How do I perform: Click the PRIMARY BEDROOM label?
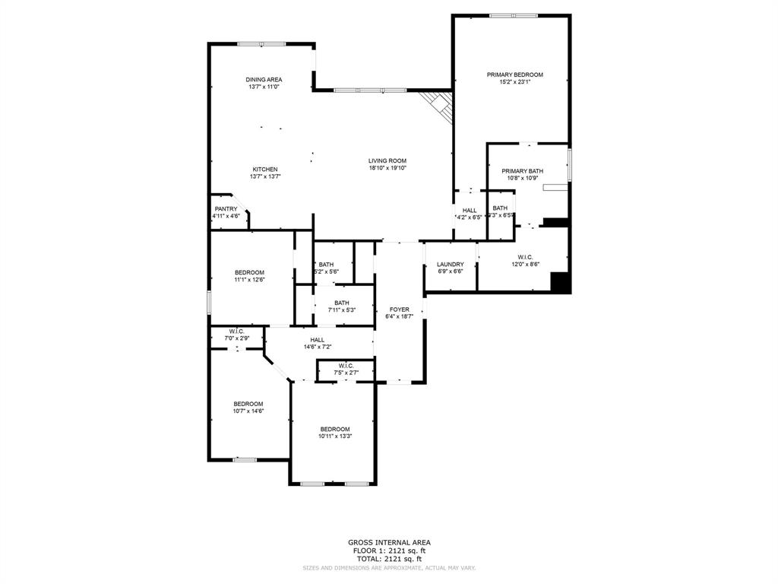click(515, 75)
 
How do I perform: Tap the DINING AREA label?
click(264, 80)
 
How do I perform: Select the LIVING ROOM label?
click(387, 160)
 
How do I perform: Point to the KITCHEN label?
click(265, 169)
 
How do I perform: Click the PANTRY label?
click(226, 209)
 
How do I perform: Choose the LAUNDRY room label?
click(450, 265)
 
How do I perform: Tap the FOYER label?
click(400, 309)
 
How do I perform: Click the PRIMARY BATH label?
click(522, 171)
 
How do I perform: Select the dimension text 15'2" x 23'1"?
click(515, 82)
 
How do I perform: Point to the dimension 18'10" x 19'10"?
click(387, 168)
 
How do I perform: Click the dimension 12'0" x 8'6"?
click(525, 264)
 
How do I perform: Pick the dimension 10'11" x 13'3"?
click(334, 436)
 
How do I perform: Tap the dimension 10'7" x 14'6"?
click(248, 411)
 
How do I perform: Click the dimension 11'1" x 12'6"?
click(249, 280)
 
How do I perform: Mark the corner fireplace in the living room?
click(439, 105)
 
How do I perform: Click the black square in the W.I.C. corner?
click(561, 282)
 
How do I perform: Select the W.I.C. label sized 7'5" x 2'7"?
click(346, 366)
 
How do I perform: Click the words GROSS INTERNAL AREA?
click(388, 542)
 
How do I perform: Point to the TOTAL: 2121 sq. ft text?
click(388, 559)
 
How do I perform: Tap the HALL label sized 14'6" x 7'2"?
click(317, 340)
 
